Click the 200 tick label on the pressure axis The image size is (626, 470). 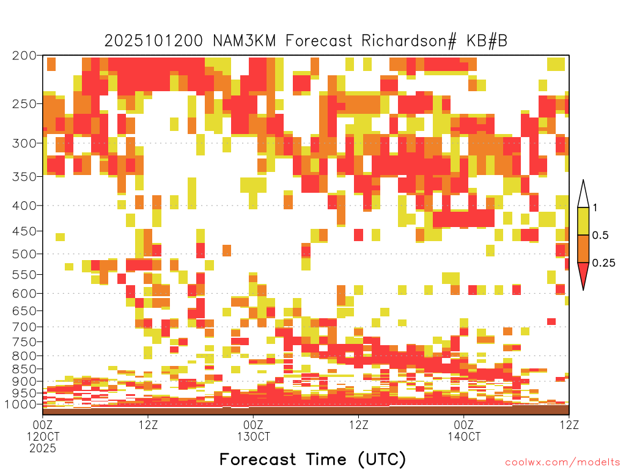tap(24, 56)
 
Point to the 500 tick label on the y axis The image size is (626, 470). tap(24, 254)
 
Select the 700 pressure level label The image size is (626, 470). tap(24, 327)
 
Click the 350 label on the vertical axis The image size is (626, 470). tap(24, 177)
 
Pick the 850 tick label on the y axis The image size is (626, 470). tap(24, 369)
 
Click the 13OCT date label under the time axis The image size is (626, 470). tap(254, 436)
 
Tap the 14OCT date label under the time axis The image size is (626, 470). tap(464, 436)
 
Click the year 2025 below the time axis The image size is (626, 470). tap(43, 449)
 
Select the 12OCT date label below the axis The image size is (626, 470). tap(43, 436)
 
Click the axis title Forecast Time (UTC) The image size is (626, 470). tap(312, 459)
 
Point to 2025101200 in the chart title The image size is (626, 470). tap(153, 41)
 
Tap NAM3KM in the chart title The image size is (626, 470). tap(245, 41)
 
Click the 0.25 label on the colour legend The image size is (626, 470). tap(603, 263)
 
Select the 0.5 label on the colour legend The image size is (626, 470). tap(600, 236)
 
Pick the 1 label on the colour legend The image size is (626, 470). tap(595, 208)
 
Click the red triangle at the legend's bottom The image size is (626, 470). tap(583, 274)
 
